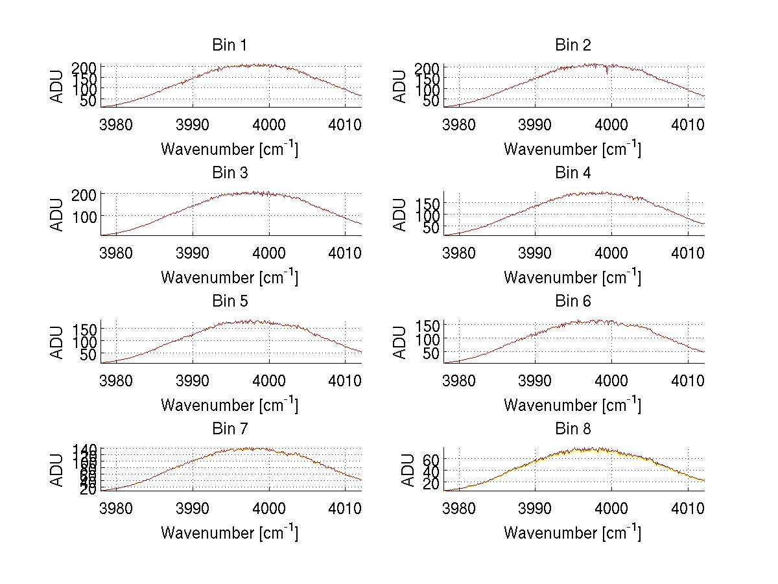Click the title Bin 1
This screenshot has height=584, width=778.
[230, 45]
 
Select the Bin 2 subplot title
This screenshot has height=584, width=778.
[573, 45]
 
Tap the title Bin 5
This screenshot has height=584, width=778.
[230, 301]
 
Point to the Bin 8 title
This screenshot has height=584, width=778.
[573, 428]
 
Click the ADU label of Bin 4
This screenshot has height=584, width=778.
[401, 215]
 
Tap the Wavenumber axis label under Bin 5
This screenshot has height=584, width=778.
[230, 405]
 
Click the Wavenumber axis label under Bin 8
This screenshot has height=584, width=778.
[573, 533]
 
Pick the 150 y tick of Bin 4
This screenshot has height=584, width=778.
[428, 203]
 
